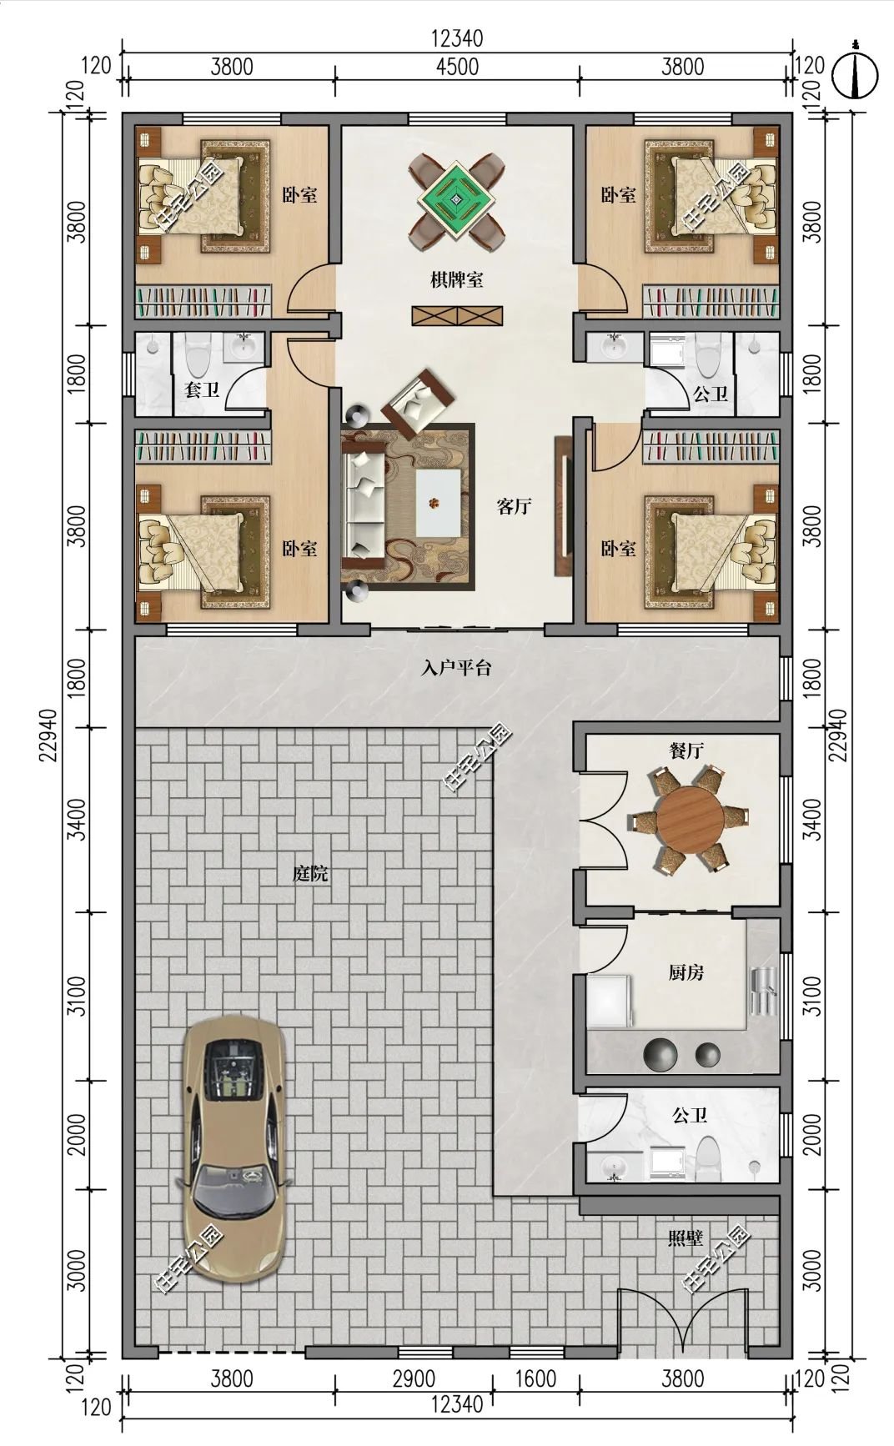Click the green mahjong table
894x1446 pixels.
click(x=456, y=199)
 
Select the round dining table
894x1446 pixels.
click(x=691, y=820)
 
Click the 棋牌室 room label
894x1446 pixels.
click(x=456, y=280)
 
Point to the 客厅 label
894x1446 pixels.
click(x=515, y=506)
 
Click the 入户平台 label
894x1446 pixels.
click(x=456, y=668)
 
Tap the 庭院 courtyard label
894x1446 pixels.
click(x=309, y=874)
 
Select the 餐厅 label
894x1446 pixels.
click(x=686, y=751)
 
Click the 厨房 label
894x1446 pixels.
click(x=686, y=972)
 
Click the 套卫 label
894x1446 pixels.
click(x=201, y=389)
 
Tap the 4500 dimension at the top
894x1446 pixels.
click(x=457, y=66)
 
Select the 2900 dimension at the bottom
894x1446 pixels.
click(x=414, y=1378)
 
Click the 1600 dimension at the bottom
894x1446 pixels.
click(x=535, y=1378)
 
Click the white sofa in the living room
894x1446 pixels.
click(x=364, y=505)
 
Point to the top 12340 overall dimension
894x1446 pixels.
click(x=457, y=38)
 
